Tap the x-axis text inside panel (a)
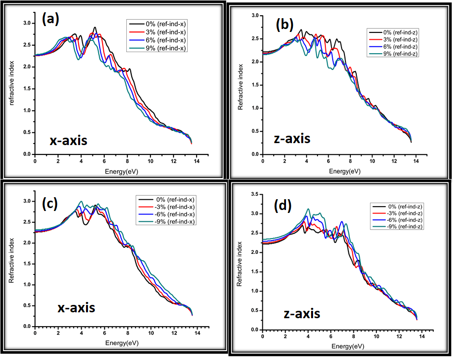[68, 141]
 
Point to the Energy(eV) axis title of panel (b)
[344, 171]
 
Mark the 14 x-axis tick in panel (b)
[416, 162]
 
